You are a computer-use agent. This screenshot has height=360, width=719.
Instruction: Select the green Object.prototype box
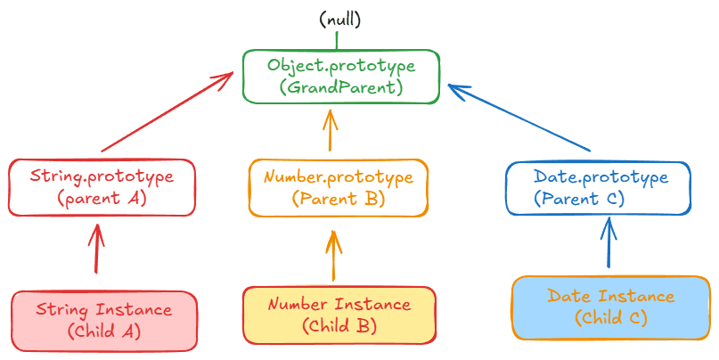341,76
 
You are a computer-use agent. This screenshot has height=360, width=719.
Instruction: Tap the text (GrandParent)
341,87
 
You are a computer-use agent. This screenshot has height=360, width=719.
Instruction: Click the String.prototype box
101,187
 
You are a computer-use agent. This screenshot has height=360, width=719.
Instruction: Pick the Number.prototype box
338,187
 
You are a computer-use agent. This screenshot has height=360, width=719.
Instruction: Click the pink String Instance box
103,320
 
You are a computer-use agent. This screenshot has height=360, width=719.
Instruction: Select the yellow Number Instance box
339,315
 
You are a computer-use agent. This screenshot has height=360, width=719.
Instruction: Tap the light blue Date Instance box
610,307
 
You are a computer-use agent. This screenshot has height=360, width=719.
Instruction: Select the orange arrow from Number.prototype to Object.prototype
331,130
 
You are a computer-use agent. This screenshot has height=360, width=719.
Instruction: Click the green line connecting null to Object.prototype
337,39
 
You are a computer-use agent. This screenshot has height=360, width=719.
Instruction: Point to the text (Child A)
103,331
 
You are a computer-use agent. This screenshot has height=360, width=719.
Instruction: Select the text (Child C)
610,317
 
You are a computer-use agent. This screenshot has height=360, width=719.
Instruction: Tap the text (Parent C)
579,199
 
